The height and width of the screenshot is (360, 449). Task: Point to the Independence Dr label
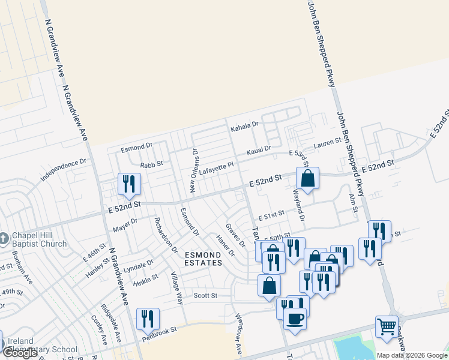pos(64,170)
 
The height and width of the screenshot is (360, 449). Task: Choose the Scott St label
pos(205,295)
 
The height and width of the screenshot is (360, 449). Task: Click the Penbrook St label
pos(160,331)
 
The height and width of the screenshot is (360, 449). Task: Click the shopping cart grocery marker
pos(387,327)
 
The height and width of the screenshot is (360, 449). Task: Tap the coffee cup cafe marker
pos(295,319)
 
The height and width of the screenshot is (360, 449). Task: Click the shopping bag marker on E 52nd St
pos(307,178)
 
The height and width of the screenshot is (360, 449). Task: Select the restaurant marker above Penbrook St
pos(147,319)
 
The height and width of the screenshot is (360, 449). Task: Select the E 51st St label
pos(271,216)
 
